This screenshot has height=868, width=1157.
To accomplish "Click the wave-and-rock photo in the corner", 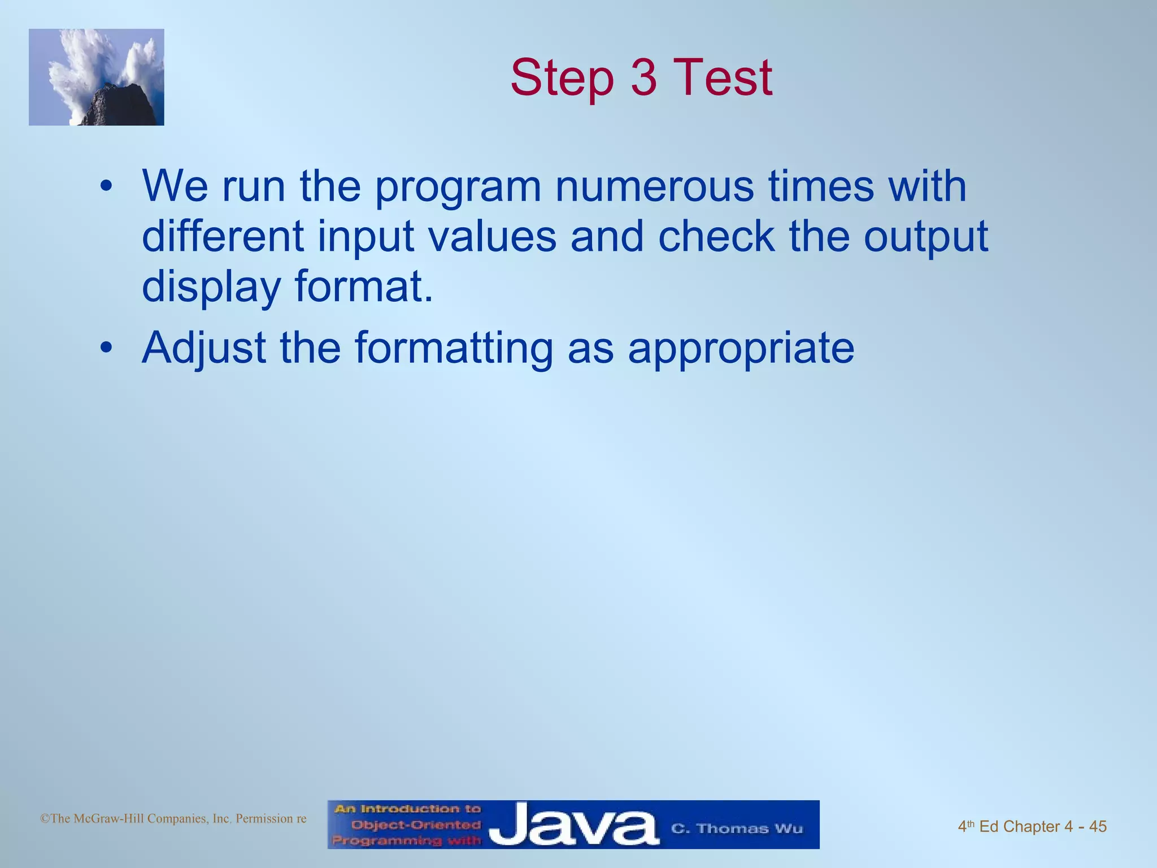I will click(97, 77).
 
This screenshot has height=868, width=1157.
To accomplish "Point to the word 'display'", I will click(211, 287).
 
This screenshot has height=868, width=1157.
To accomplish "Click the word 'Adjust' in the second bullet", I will click(204, 349).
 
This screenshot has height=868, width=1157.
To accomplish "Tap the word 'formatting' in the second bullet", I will click(454, 349).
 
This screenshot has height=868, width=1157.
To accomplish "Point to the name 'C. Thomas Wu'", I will click(736, 828).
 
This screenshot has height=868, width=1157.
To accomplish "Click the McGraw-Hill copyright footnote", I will click(173, 818).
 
